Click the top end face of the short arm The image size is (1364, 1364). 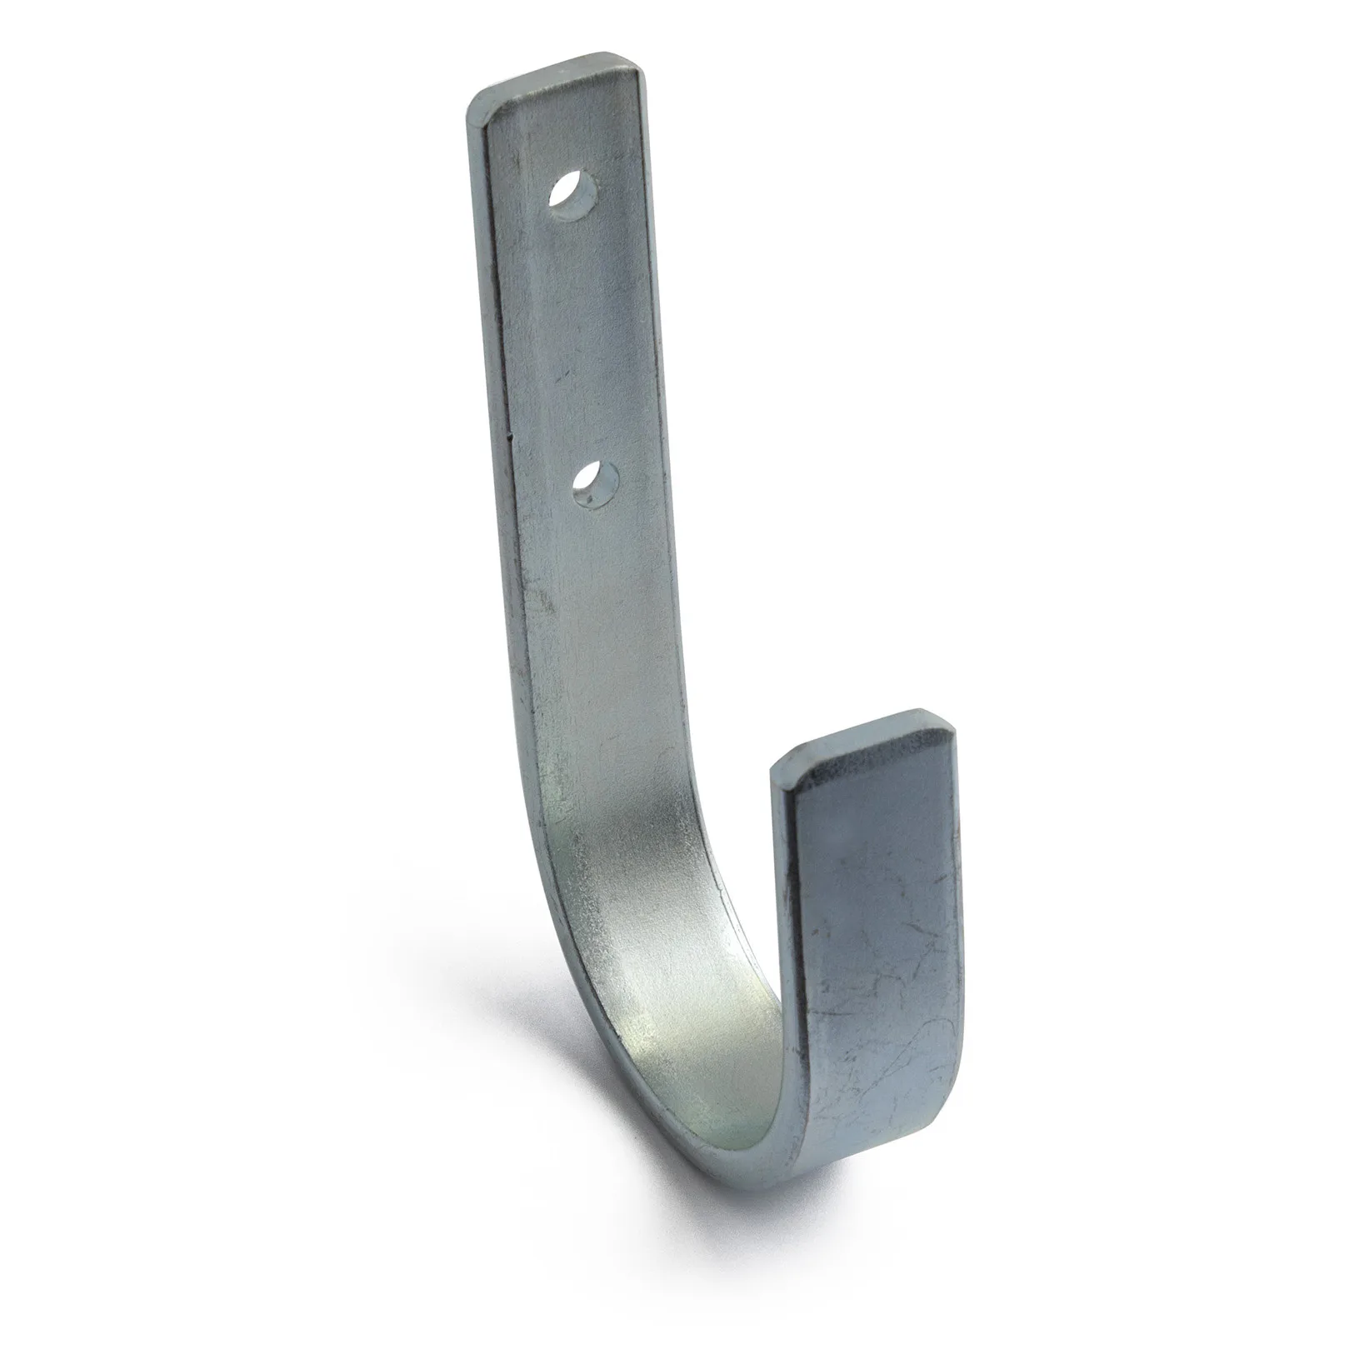pyautogui.click(x=867, y=741)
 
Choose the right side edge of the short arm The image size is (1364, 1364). pyautogui.click(x=964, y=917)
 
